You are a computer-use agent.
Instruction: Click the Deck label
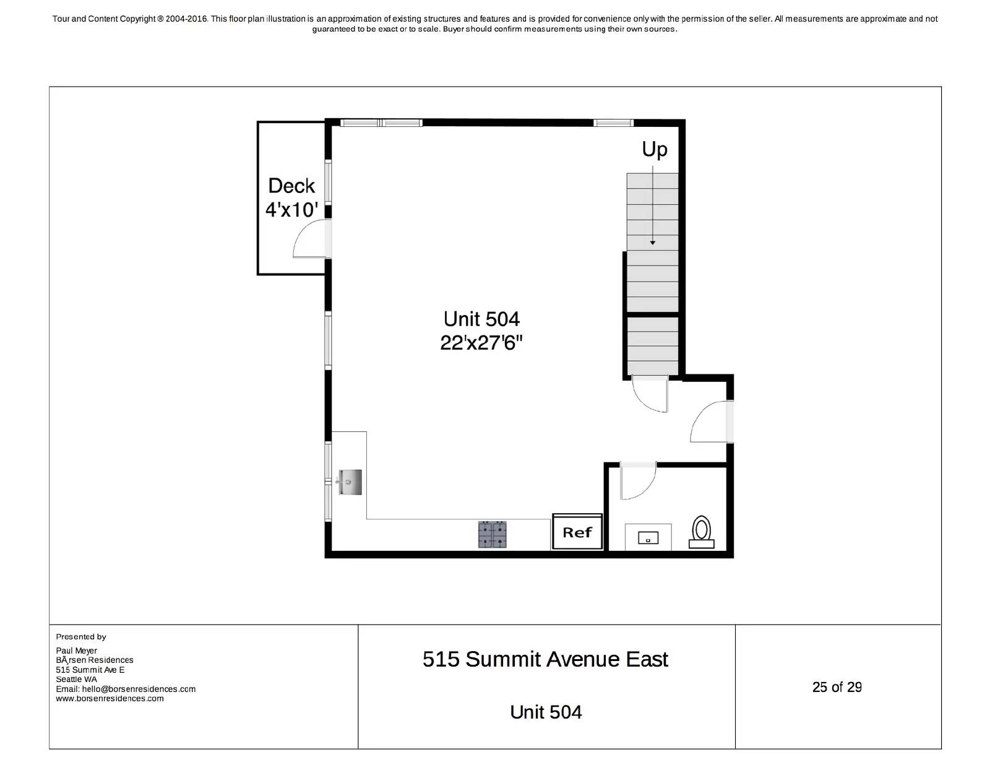(291, 186)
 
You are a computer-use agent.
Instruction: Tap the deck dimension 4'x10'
(291, 210)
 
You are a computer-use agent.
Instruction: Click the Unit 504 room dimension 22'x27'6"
(481, 342)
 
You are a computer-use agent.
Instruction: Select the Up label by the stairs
(655, 150)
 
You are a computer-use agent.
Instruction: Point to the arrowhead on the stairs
(652, 243)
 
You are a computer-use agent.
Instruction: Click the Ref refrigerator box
(577, 532)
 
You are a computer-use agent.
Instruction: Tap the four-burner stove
(492, 535)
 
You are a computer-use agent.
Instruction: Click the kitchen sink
(350, 482)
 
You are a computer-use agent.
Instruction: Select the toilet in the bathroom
(702, 532)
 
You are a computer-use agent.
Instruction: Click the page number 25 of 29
(837, 687)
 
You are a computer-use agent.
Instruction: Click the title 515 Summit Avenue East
(545, 659)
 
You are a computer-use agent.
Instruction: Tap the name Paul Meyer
(77, 650)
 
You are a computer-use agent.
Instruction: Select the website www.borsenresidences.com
(110, 699)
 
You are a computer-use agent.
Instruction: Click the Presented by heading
(81, 636)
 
